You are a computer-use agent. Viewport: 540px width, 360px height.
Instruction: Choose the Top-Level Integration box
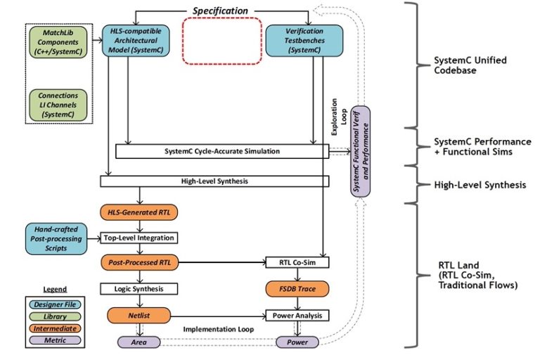point(139,238)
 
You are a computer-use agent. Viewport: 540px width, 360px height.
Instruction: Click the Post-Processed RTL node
point(141,263)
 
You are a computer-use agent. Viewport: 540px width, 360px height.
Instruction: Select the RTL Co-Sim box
point(297,263)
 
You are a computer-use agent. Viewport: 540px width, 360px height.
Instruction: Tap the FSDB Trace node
point(297,289)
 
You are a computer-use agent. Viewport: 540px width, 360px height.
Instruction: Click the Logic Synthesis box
point(139,289)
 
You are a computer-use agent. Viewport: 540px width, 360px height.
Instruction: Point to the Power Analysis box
point(297,316)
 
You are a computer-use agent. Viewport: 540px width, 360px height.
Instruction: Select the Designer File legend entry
point(53,304)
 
